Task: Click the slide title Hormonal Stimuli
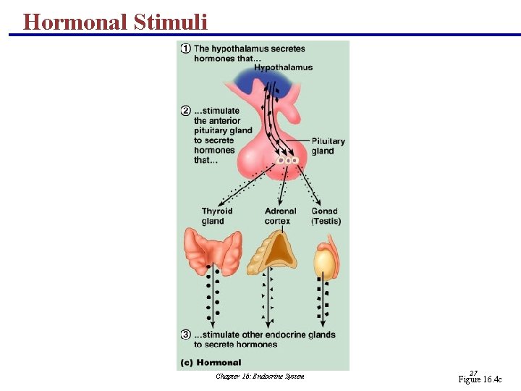(x=115, y=22)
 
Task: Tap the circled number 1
(x=186, y=49)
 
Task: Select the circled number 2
(x=186, y=111)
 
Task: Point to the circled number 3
(x=186, y=335)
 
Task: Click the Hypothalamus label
(x=283, y=67)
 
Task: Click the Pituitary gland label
(x=328, y=146)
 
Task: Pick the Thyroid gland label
(x=217, y=216)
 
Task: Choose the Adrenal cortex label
(x=280, y=216)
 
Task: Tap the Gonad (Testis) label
(x=326, y=216)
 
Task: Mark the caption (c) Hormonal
(x=209, y=362)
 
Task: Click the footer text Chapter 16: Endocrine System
(x=260, y=376)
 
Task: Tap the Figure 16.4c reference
(x=479, y=379)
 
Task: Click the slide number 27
(x=473, y=372)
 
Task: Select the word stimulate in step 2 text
(x=218, y=111)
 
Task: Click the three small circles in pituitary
(x=287, y=159)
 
